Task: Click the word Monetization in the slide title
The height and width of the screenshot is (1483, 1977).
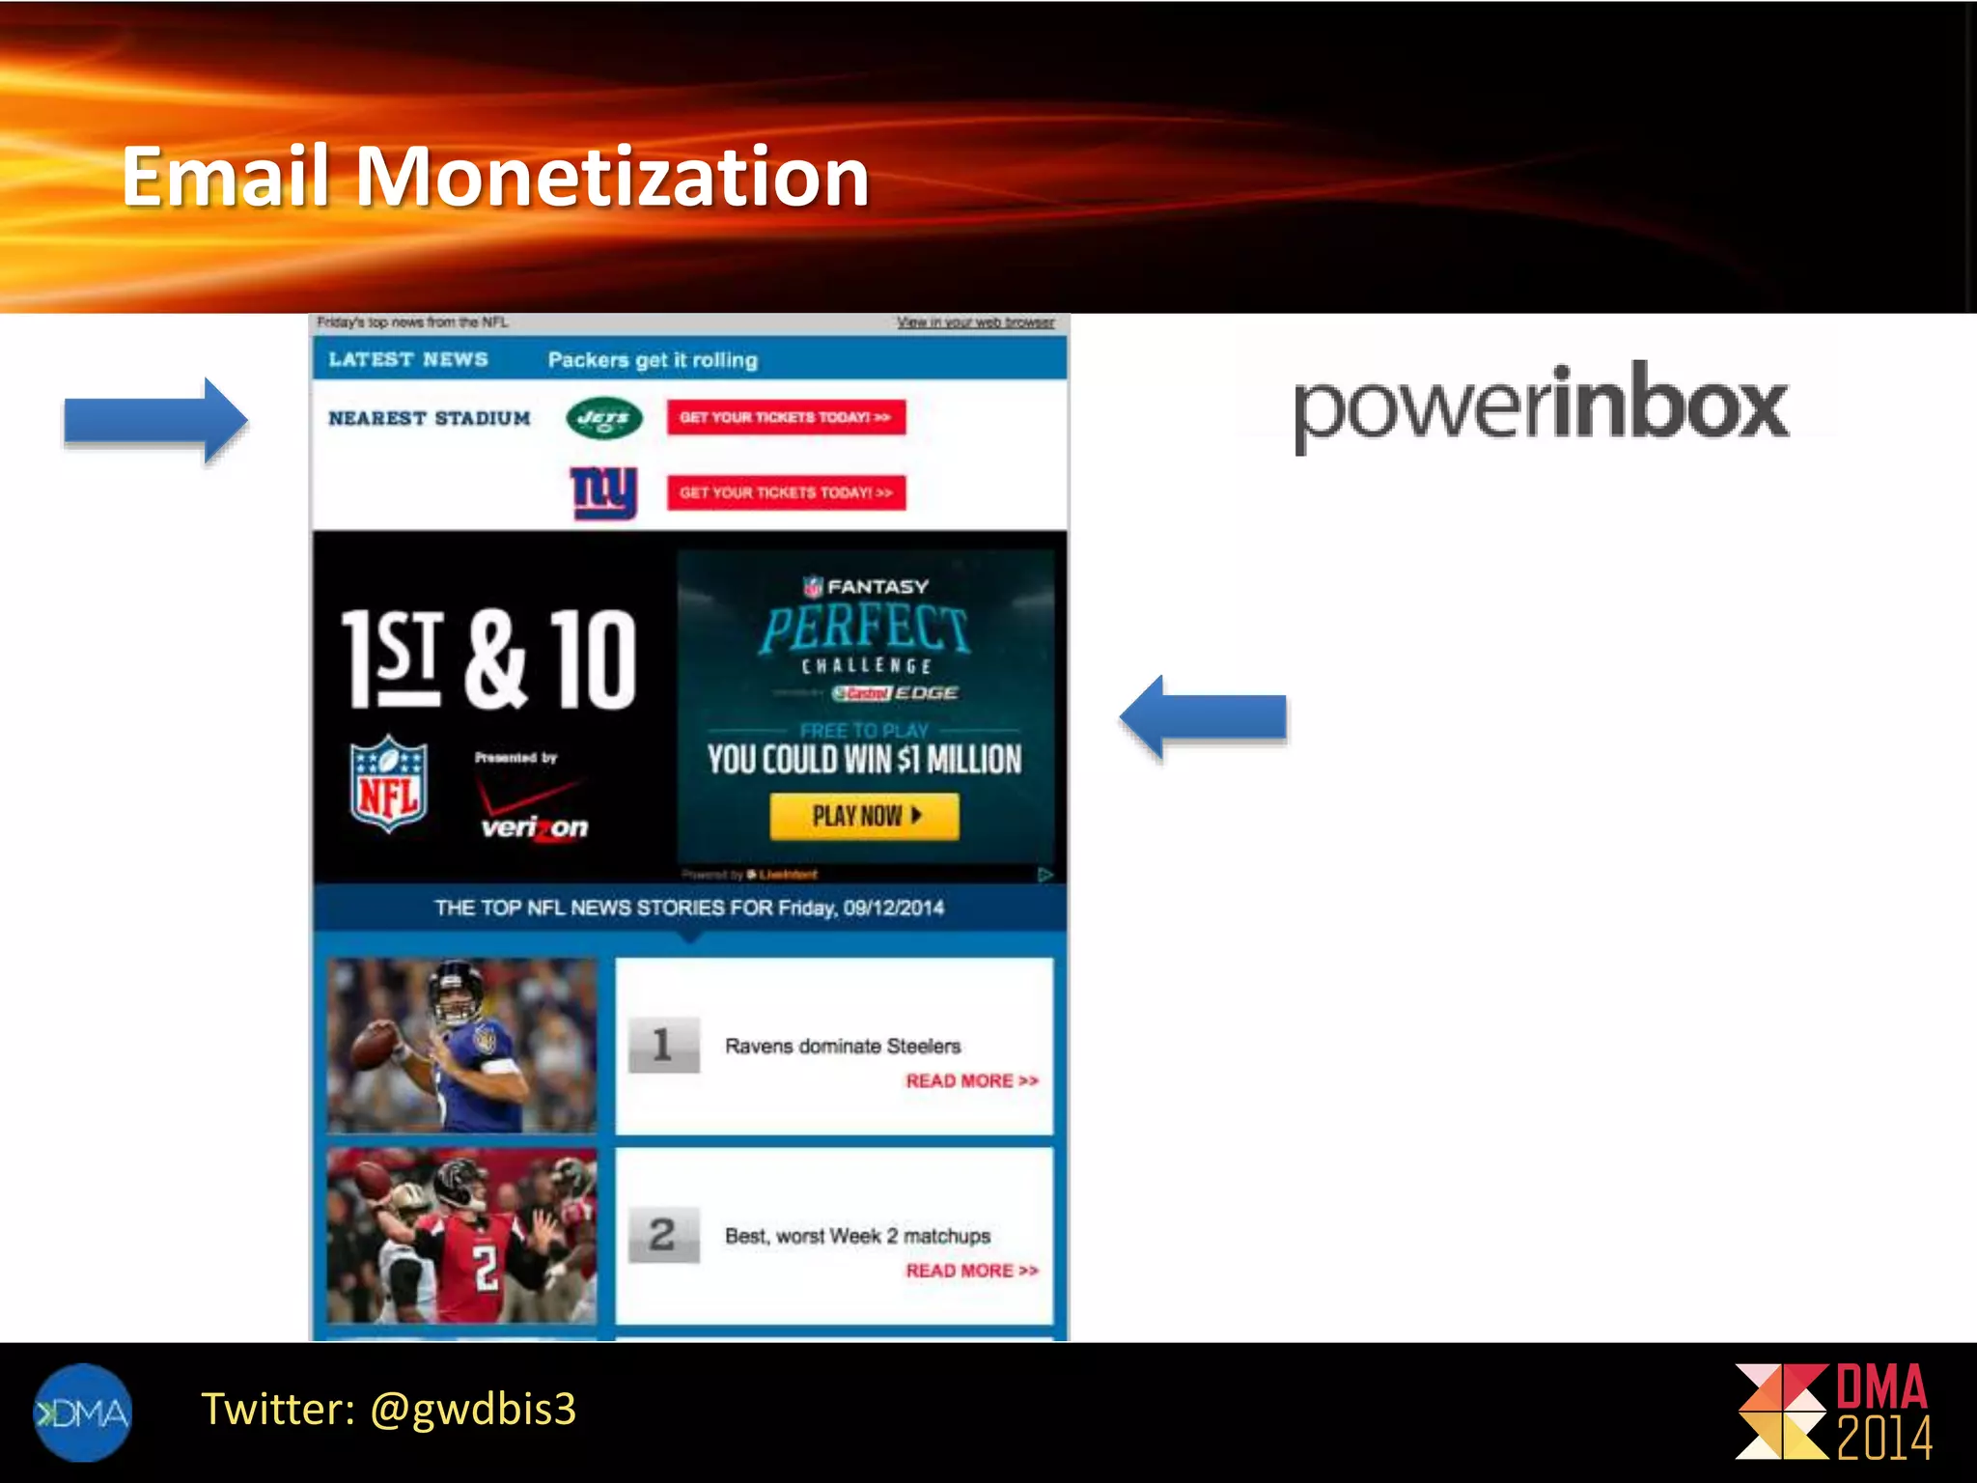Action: (612, 177)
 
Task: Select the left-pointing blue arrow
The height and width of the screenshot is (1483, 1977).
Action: (1203, 716)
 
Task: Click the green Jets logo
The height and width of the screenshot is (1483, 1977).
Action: (604, 418)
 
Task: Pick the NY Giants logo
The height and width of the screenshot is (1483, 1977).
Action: (604, 492)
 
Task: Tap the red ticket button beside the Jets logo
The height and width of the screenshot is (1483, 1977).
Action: (786, 418)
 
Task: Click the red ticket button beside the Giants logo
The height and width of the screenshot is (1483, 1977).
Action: (786, 492)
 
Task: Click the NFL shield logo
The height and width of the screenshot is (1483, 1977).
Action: (388, 784)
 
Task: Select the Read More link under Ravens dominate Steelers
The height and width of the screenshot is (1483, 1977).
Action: (971, 1081)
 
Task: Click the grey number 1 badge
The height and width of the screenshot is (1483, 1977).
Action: (663, 1045)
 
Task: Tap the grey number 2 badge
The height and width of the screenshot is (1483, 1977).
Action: (663, 1235)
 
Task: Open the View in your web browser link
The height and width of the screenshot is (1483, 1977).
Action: (975, 322)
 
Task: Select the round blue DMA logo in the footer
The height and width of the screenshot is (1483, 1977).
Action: (82, 1413)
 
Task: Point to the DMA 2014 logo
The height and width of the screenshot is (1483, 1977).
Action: (1834, 1412)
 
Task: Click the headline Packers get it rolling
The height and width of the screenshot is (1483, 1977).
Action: (653, 360)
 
